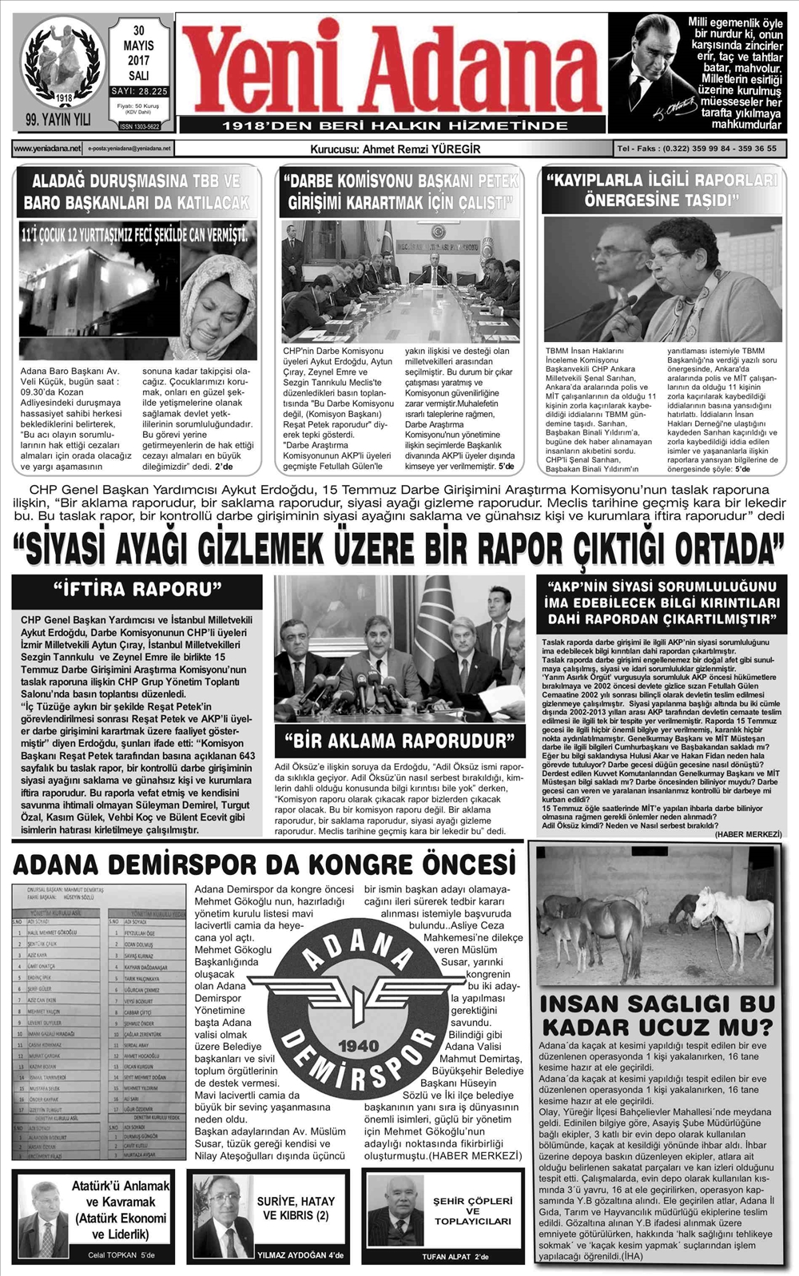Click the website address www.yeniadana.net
pos(47,149)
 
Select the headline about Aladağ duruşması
pos(137,192)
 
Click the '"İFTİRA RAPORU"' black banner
pos(137,590)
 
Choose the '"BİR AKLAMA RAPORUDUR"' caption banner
pos(399,741)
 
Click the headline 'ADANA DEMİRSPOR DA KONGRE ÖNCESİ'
pos(264,865)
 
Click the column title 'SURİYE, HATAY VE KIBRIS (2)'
pos(296,1208)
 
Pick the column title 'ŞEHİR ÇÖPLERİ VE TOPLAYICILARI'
pos(472,1210)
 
